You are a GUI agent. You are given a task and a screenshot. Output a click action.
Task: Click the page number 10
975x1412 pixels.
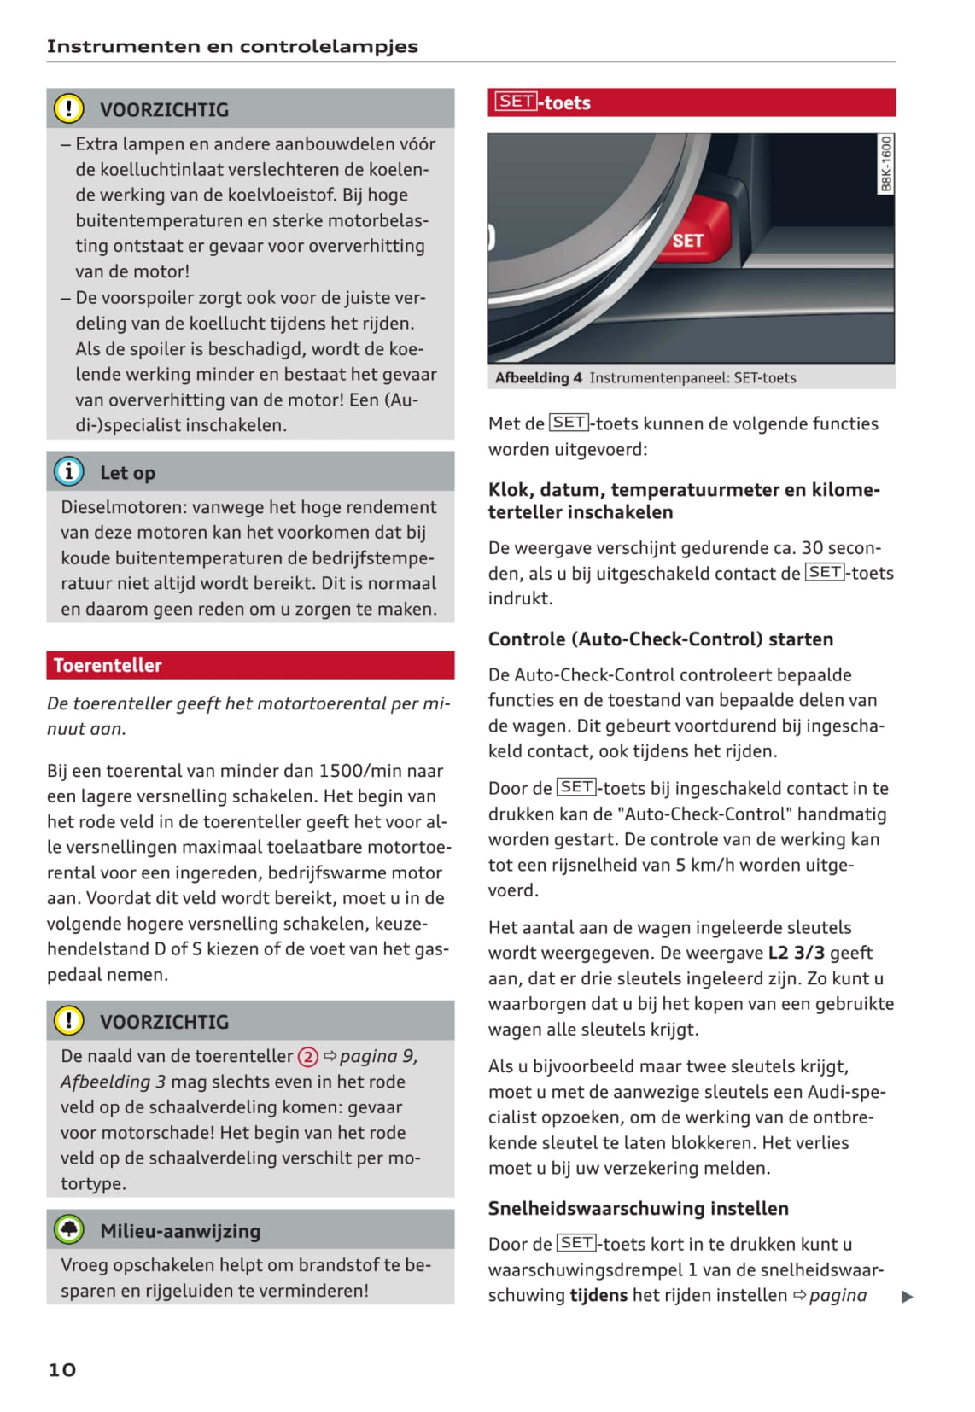pos(61,1369)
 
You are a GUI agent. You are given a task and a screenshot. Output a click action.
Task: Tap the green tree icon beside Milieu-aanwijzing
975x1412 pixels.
pos(69,1230)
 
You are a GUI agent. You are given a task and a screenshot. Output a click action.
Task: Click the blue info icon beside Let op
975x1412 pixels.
pos(68,471)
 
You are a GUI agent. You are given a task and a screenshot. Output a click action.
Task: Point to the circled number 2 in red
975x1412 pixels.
pos(307,1057)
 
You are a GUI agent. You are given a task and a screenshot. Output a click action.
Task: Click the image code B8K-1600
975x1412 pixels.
pos(886,164)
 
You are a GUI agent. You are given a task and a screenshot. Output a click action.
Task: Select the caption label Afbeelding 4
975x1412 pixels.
pos(539,378)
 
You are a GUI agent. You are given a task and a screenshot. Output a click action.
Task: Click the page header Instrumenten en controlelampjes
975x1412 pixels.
pos(232,46)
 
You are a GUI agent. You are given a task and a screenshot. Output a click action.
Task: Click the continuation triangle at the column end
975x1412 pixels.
pos(907,1297)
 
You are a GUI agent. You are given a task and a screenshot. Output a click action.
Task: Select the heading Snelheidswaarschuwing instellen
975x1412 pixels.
pos(638,1208)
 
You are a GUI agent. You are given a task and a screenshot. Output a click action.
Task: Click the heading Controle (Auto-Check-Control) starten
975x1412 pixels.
pos(660,639)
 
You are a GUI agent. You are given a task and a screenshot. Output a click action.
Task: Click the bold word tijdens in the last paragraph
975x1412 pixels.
pos(598,1295)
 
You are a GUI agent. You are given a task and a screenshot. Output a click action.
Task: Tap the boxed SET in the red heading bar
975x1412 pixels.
pos(517,102)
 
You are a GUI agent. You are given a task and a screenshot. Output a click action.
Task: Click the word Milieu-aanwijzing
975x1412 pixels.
pos(180,1231)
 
